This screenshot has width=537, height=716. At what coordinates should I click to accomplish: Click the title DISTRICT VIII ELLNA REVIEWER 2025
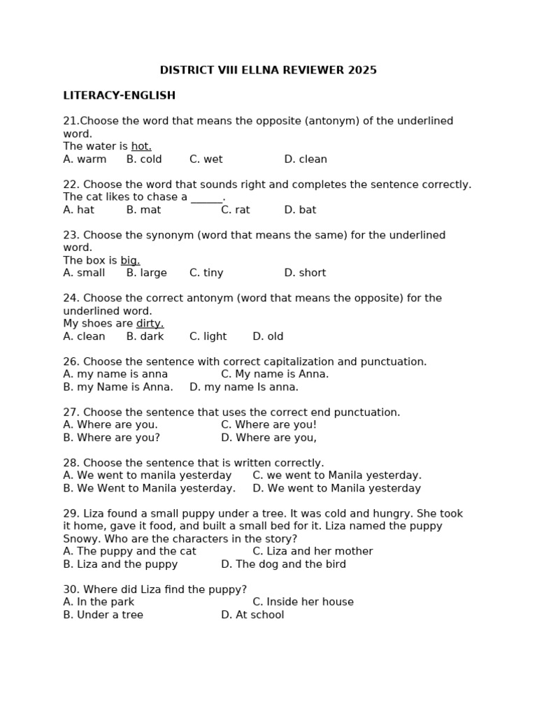pos(268,70)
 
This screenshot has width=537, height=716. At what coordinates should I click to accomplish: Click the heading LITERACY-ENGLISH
pos(119,96)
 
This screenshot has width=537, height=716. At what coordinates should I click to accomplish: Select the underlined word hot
pos(141,146)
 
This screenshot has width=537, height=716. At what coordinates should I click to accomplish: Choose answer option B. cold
pos(144,159)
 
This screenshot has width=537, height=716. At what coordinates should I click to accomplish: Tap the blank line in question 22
pos(206,197)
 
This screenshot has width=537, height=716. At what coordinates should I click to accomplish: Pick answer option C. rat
pos(235,210)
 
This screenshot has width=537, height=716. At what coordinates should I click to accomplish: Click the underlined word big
pos(130,261)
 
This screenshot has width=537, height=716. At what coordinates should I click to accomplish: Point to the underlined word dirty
pos(150,324)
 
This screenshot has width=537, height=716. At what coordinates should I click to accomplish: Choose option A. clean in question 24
pos(84,336)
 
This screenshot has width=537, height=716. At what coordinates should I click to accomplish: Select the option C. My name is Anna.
pos(275,374)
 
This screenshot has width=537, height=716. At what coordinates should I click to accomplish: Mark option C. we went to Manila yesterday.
pos(337,475)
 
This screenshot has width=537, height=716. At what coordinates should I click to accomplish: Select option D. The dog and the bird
pos(283,564)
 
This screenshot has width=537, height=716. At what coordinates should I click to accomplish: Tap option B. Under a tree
pos(103,615)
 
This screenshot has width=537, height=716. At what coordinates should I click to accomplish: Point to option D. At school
pos(252,615)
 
